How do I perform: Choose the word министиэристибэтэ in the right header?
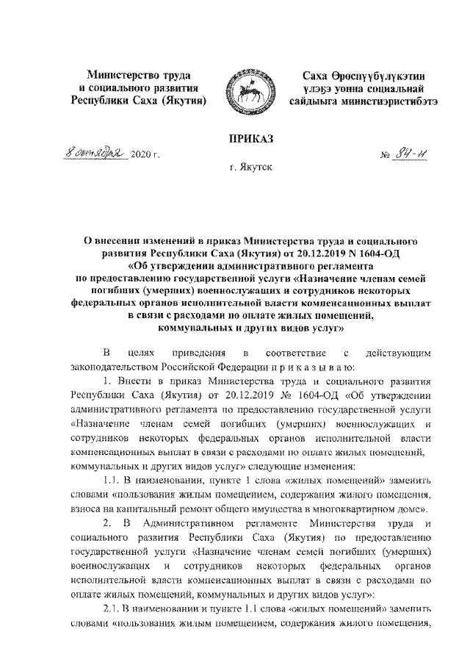tap(389, 101)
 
